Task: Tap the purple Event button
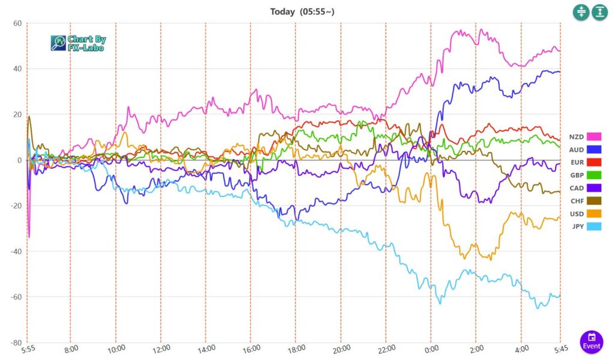[592, 341]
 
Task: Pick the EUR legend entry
[577, 162]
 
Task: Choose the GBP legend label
[577, 175]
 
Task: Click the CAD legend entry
[577, 188]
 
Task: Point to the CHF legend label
[577, 201]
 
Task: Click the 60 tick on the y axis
[17, 23]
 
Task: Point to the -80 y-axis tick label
[16, 343]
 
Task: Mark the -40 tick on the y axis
[16, 251]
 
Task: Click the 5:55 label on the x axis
[28, 349]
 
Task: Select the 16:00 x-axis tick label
[251, 349]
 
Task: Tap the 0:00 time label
[431, 349]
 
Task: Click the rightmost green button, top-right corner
[600, 12]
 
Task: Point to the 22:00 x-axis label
[386, 349]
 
